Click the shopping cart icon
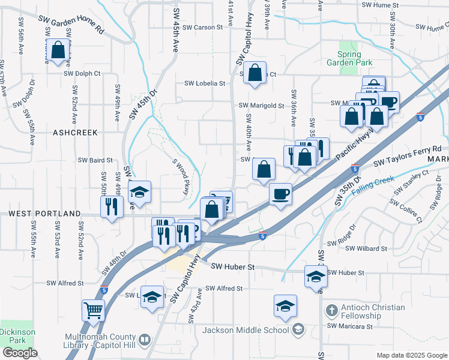[94, 310]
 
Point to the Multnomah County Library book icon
[144, 341]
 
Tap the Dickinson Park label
[17, 336]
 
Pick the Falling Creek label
[373, 187]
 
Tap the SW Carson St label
[203, 27]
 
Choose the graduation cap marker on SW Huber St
[316, 277]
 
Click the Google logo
[20, 353]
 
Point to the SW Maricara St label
[350, 326]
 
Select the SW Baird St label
[96, 160]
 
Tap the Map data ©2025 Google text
[411, 355]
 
